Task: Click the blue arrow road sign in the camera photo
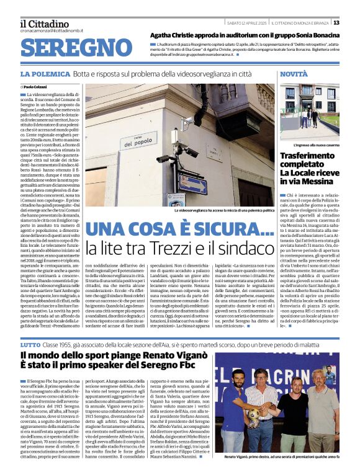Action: click(193, 183)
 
